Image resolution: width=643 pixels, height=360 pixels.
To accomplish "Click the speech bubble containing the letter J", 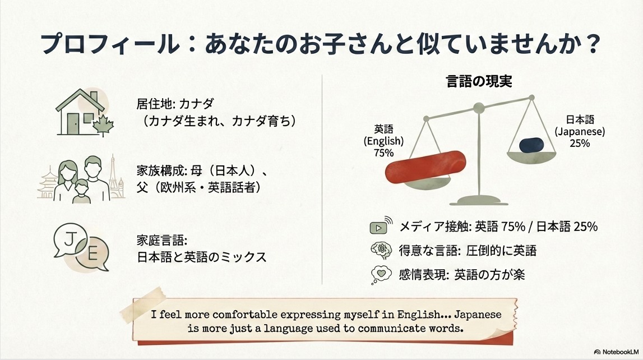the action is [70, 240].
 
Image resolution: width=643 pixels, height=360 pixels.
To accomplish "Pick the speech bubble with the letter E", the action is [92, 254].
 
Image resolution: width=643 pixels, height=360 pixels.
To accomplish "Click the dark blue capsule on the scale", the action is [531, 145].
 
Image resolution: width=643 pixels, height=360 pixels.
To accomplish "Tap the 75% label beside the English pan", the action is [384, 153].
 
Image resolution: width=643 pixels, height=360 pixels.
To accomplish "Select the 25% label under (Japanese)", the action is [580, 143].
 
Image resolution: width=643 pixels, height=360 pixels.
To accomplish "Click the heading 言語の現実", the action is [479, 81].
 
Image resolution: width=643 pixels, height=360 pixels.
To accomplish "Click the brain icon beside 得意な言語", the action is [381, 250].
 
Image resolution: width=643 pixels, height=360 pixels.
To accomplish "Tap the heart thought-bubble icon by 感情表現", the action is [381, 274].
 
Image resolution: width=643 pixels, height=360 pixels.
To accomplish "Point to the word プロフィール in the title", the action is [110, 44].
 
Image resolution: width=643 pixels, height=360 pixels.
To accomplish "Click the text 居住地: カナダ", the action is [175, 103].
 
